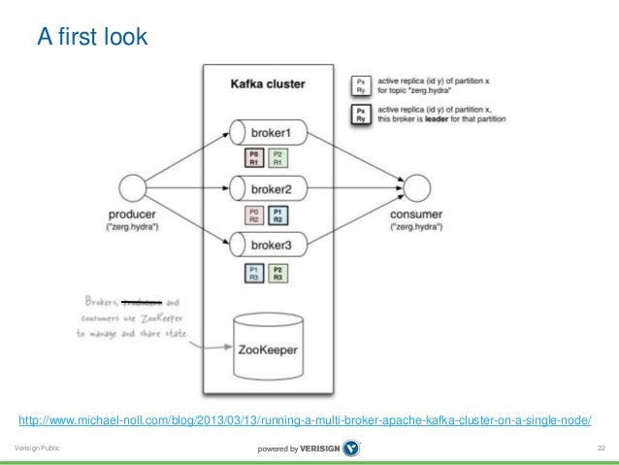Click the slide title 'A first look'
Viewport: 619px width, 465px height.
coord(91,38)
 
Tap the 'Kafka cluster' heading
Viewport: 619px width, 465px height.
coord(267,84)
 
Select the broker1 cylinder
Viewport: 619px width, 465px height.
coord(271,131)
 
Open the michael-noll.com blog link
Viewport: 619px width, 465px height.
coord(305,419)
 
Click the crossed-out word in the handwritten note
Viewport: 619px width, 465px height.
coord(146,303)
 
